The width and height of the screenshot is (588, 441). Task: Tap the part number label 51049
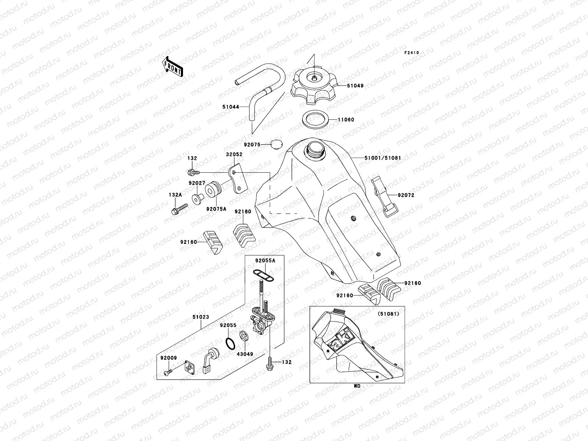pos(355,86)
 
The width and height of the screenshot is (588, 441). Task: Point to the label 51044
pos(230,107)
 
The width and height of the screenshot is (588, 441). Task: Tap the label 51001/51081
pos(383,158)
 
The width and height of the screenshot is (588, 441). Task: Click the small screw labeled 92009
pos(167,373)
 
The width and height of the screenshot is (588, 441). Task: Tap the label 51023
pos(200,316)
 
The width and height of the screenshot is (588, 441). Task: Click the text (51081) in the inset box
pos(388,314)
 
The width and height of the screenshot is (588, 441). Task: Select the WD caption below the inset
pos(357,386)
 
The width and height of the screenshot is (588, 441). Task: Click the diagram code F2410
pos(412,53)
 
